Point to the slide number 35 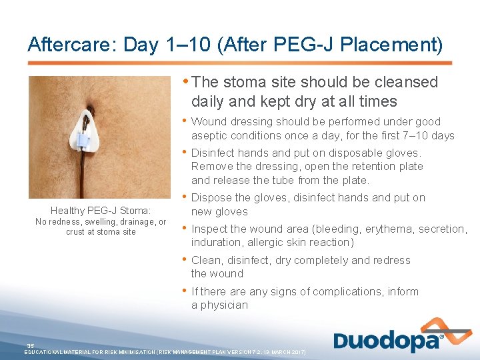[31, 345]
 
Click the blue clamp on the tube [83, 140]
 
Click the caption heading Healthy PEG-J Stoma [101, 211]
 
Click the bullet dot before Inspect [185, 228]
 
